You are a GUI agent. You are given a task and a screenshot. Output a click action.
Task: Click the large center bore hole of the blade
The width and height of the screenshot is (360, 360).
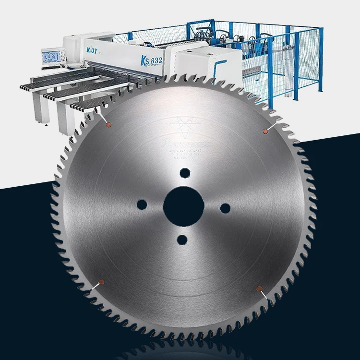pos(183,206)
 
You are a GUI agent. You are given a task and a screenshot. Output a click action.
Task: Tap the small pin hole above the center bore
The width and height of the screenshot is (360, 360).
pos(183,173)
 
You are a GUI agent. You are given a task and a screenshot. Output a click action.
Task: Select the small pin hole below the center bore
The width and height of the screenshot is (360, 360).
pos(181,239)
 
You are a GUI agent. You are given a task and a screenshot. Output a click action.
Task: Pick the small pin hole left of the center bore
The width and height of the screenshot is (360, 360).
pos(142,205)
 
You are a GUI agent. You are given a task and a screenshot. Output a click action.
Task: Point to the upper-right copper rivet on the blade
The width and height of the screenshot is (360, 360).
pos(264,131)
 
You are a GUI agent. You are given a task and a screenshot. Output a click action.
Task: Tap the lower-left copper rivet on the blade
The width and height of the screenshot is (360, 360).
pos(101,282)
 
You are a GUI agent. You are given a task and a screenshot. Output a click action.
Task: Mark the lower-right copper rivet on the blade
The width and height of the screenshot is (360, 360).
pos(260,288)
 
